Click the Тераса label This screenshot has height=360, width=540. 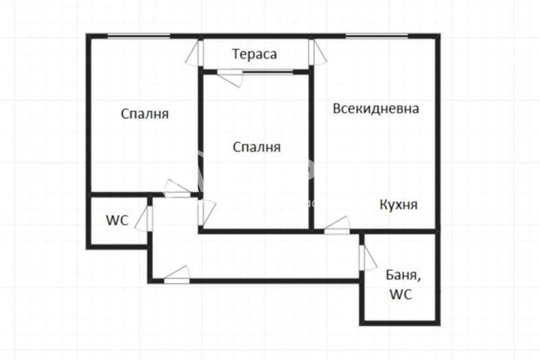pyautogui.click(x=254, y=55)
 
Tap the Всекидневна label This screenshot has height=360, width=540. pyautogui.click(x=376, y=108)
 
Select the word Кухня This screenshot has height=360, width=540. pyautogui.click(x=399, y=205)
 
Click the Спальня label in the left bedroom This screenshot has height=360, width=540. pyautogui.click(x=145, y=113)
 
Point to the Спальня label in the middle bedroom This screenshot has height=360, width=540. pyautogui.click(x=257, y=147)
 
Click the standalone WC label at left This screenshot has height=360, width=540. pyautogui.click(x=117, y=220)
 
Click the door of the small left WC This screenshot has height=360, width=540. pyautogui.click(x=145, y=219)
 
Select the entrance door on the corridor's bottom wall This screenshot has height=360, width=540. pyautogui.click(x=177, y=275)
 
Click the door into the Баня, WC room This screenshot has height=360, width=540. pyautogui.click(x=367, y=257)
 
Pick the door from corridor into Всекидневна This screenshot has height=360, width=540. pyautogui.click(x=337, y=226)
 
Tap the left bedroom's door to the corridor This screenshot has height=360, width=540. pyautogui.click(x=177, y=188)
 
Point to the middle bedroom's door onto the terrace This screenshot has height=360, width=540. pyautogui.click(x=230, y=78)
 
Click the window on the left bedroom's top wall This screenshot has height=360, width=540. pyautogui.click(x=139, y=35)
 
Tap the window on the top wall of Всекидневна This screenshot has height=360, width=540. pyautogui.click(x=377, y=35)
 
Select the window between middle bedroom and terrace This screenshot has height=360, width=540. pyautogui.click(x=268, y=72)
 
